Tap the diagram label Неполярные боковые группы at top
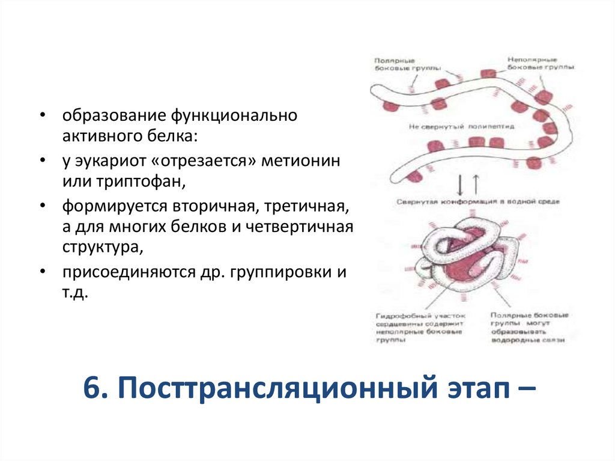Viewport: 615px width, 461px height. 539,64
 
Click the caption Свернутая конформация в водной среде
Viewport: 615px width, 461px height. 477,201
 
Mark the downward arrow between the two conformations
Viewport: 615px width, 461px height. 459,183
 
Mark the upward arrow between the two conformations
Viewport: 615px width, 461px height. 475,183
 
